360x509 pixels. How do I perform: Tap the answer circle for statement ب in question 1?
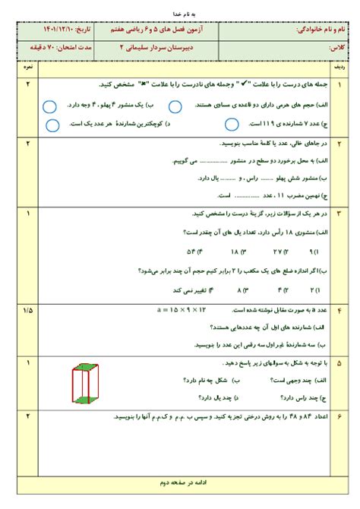[x=49, y=106]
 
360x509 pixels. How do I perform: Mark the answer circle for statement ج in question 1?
[x=232, y=122]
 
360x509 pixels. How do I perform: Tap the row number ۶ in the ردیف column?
[x=339, y=417]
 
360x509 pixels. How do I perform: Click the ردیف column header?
[x=339, y=68]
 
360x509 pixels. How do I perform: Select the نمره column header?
[x=28, y=68]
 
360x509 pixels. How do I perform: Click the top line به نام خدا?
[x=180, y=13]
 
